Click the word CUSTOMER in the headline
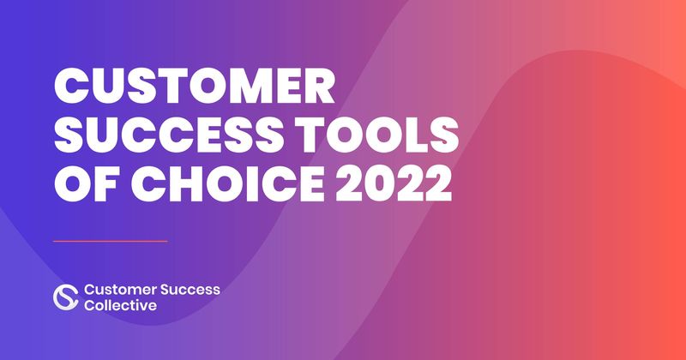pos(196,87)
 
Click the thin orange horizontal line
pos(111,241)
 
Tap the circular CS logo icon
pos(66,297)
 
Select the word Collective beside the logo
pos(120,305)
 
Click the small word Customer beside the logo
pos(120,290)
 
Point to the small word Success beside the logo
pos(190,290)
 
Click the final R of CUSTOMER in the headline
pos(320,87)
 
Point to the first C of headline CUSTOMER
pos(71,87)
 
